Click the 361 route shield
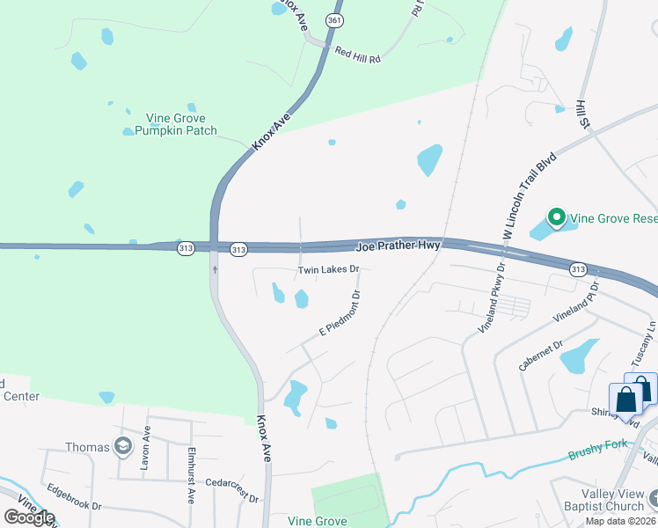tap(333, 18)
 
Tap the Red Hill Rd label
tap(357, 55)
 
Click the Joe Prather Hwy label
tap(398, 245)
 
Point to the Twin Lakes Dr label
tap(329, 269)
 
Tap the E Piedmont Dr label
tap(340, 313)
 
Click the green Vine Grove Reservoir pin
tap(555, 216)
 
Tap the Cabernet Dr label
tap(540, 356)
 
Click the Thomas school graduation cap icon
tap(122, 447)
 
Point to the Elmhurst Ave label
tap(190, 475)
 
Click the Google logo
tap(29, 517)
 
